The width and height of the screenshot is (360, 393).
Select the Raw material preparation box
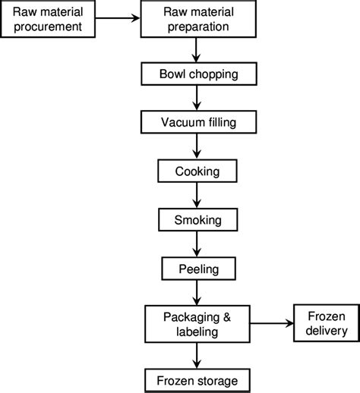pyautogui.click(x=197, y=20)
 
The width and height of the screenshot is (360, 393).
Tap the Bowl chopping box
pyautogui.click(x=197, y=74)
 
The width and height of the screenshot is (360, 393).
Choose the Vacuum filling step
pyautogui.click(x=197, y=123)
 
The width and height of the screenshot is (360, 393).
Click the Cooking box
pyautogui.click(x=197, y=171)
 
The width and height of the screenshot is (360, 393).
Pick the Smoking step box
pyautogui.click(x=197, y=220)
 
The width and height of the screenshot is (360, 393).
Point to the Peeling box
pyautogui.click(x=197, y=269)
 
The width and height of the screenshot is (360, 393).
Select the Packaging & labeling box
pyautogui.click(x=197, y=323)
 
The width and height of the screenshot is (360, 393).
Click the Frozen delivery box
pyautogui.click(x=323, y=323)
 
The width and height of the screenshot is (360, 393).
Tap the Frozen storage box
pyautogui.click(x=197, y=379)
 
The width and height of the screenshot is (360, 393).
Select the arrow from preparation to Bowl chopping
pyautogui.click(x=197, y=50)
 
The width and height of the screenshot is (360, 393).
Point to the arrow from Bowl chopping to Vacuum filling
pyautogui.click(x=197, y=99)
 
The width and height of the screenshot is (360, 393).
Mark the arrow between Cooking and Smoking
pyautogui.click(x=197, y=196)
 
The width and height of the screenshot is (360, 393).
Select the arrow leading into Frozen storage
pyautogui.click(x=197, y=355)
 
